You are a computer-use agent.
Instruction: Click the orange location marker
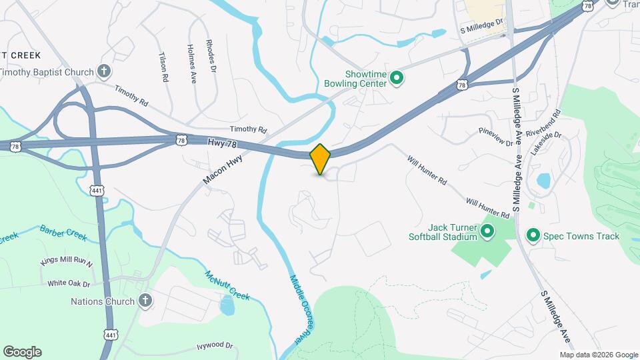321,159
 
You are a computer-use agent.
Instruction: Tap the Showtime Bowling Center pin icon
397,79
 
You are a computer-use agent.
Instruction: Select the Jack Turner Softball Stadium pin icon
487,232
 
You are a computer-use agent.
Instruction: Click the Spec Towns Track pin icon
533,236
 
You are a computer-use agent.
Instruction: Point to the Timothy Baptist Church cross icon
103,71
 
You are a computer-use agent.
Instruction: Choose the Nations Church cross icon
145,301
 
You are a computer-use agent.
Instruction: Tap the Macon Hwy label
223,170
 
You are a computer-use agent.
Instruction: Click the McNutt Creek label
227,285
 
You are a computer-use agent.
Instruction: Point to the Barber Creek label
63,233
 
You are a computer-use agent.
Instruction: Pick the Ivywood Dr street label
215,346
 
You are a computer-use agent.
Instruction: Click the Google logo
22,352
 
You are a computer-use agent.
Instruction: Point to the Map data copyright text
598,355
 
